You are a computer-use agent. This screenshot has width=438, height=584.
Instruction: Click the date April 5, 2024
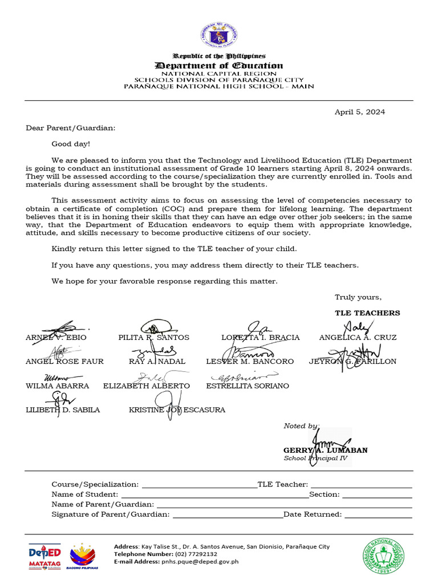click(359, 112)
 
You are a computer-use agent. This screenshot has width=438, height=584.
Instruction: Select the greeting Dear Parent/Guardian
click(70, 128)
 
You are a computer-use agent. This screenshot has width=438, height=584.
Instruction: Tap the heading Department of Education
click(220, 66)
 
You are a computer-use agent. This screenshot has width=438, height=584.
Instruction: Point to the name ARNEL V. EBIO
click(56, 338)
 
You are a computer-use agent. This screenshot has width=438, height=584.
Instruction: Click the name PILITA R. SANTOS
click(153, 338)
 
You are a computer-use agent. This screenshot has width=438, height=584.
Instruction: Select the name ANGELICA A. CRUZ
click(358, 338)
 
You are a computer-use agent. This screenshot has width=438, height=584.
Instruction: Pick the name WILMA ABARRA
click(57, 386)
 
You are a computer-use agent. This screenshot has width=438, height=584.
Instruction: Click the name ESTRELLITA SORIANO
click(248, 386)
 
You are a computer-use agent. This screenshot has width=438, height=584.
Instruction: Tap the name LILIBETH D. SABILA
click(63, 410)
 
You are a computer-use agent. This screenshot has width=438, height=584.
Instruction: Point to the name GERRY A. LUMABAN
click(325, 450)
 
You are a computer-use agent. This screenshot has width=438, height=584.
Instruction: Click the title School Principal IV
click(317, 458)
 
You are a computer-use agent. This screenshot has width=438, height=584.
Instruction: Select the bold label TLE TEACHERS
click(367, 313)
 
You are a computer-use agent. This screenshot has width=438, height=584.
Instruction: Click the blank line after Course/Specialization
click(199, 485)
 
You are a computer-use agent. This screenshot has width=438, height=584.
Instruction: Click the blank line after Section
click(378, 495)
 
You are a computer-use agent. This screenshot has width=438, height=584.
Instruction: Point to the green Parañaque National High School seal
click(385, 556)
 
